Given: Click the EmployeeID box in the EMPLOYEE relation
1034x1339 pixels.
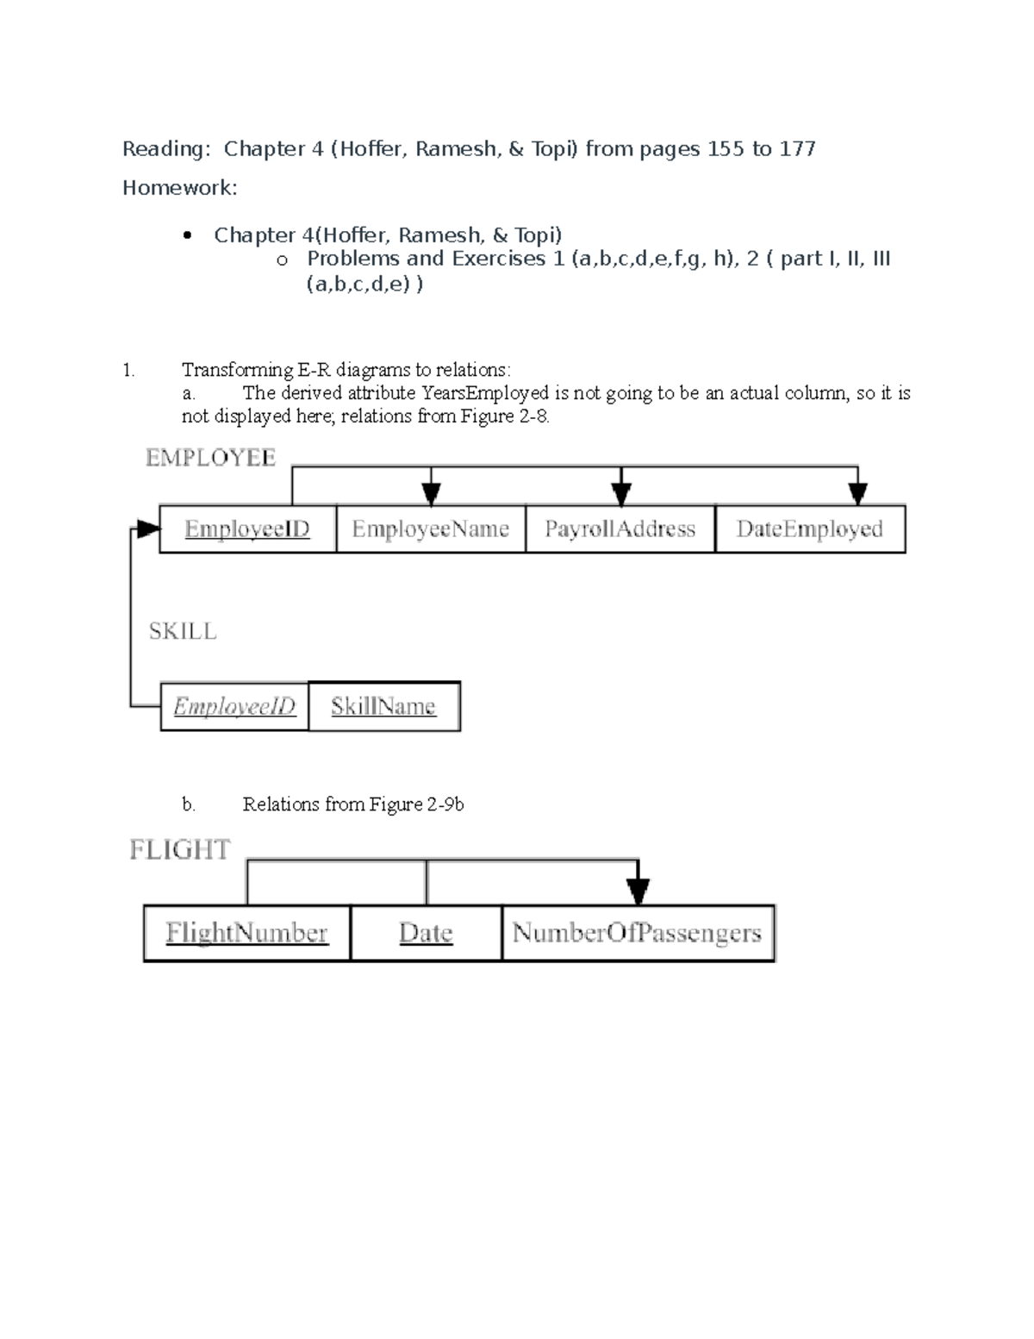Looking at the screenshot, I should pos(247,529).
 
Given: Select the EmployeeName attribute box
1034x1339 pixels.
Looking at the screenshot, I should pos(430,529).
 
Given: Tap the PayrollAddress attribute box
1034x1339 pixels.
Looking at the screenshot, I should pos(620,529).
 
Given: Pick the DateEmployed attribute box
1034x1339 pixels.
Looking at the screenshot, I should pos(810,529).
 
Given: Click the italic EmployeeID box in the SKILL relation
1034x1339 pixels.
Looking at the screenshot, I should pos(234,706).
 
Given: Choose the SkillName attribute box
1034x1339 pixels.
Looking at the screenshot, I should pos(383,706).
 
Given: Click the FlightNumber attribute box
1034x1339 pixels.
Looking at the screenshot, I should pos(247,932).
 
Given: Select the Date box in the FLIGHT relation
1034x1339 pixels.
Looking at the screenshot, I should pos(426,932).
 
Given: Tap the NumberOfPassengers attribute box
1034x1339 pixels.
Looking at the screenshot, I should pos(638,932).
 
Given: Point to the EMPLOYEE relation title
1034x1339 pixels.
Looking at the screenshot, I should pos(211,458).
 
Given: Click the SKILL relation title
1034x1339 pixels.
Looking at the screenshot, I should pos(183,631).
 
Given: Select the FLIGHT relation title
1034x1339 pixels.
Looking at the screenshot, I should pos(180,850).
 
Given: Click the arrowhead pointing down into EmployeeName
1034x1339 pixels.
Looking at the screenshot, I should pos(432,493).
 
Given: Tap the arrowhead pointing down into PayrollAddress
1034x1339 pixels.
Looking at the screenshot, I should pos(621,493).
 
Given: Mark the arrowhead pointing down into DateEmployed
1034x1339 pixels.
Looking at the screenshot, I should pos(857,493).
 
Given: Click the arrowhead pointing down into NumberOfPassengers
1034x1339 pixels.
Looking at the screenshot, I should pos(638,890).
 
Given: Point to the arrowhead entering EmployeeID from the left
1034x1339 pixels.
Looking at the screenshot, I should pos(149,529).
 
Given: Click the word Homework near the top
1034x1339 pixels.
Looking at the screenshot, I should pos(178,188).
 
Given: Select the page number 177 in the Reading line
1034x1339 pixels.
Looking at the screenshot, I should pos(797,149).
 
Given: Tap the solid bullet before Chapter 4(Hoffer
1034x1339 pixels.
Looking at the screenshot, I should pos(187,235).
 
